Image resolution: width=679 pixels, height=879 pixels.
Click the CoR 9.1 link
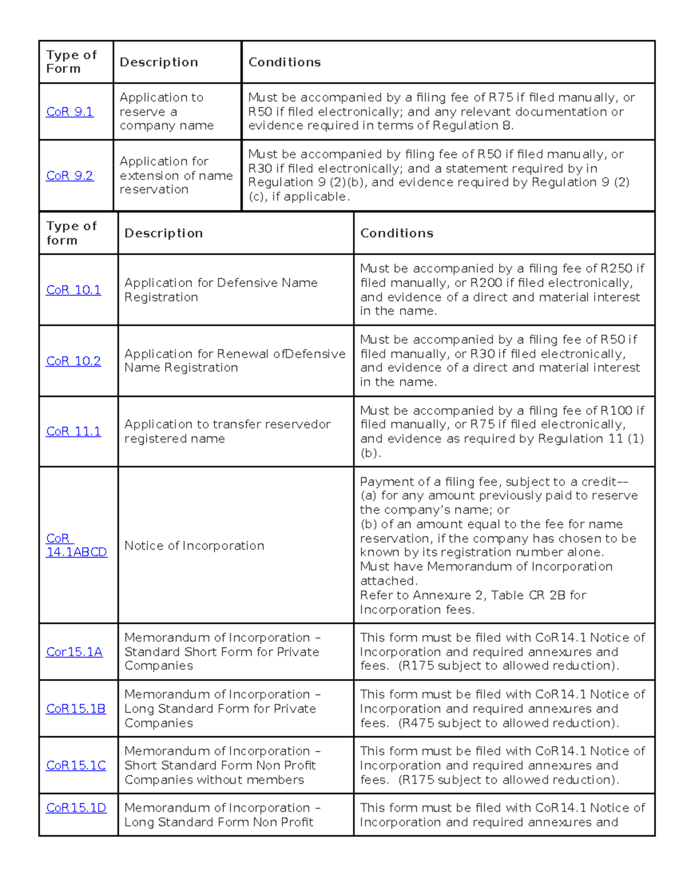[x=70, y=112]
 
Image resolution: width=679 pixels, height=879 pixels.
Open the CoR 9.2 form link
[x=70, y=176]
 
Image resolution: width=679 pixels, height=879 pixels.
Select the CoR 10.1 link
[x=74, y=290]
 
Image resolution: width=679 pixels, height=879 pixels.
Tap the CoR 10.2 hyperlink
[x=74, y=361]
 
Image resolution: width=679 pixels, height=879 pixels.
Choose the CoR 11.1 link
[x=74, y=432]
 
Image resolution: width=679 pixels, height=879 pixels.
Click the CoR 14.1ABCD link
[x=76, y=546]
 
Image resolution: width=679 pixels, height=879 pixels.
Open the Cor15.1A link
[x=74, y=652]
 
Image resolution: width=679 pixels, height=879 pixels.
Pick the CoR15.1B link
[x=76, y=709]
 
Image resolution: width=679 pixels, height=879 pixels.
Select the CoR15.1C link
[x=76, y=765]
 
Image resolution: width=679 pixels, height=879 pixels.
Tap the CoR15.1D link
[x=76, y=808]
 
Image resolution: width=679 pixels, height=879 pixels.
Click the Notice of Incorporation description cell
[x=194, y=546]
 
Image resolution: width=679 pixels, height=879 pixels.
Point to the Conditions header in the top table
[x=285, y=62]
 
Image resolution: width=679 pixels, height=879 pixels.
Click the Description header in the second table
[x=164, y=233]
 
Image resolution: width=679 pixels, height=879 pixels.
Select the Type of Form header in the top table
[x=71, y=62]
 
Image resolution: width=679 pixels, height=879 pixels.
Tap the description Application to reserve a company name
[x=166, y=112]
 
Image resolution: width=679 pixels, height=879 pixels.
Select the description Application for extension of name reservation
[x=175, y=175]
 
